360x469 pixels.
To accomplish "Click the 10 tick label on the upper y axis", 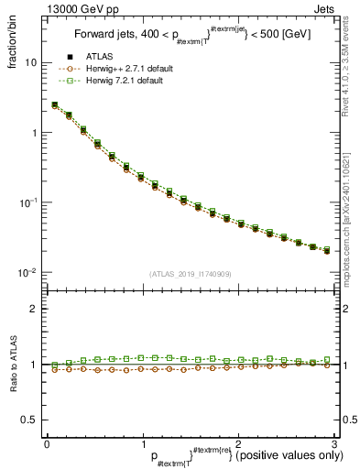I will (x=31, y=62).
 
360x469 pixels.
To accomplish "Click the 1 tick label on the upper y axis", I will (x=34, y=133).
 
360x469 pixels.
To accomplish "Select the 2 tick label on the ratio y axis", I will (x=34, y=310).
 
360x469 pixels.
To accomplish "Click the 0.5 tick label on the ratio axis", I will (x=30, y=420).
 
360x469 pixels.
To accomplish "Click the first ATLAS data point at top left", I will (x=54, y=105).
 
